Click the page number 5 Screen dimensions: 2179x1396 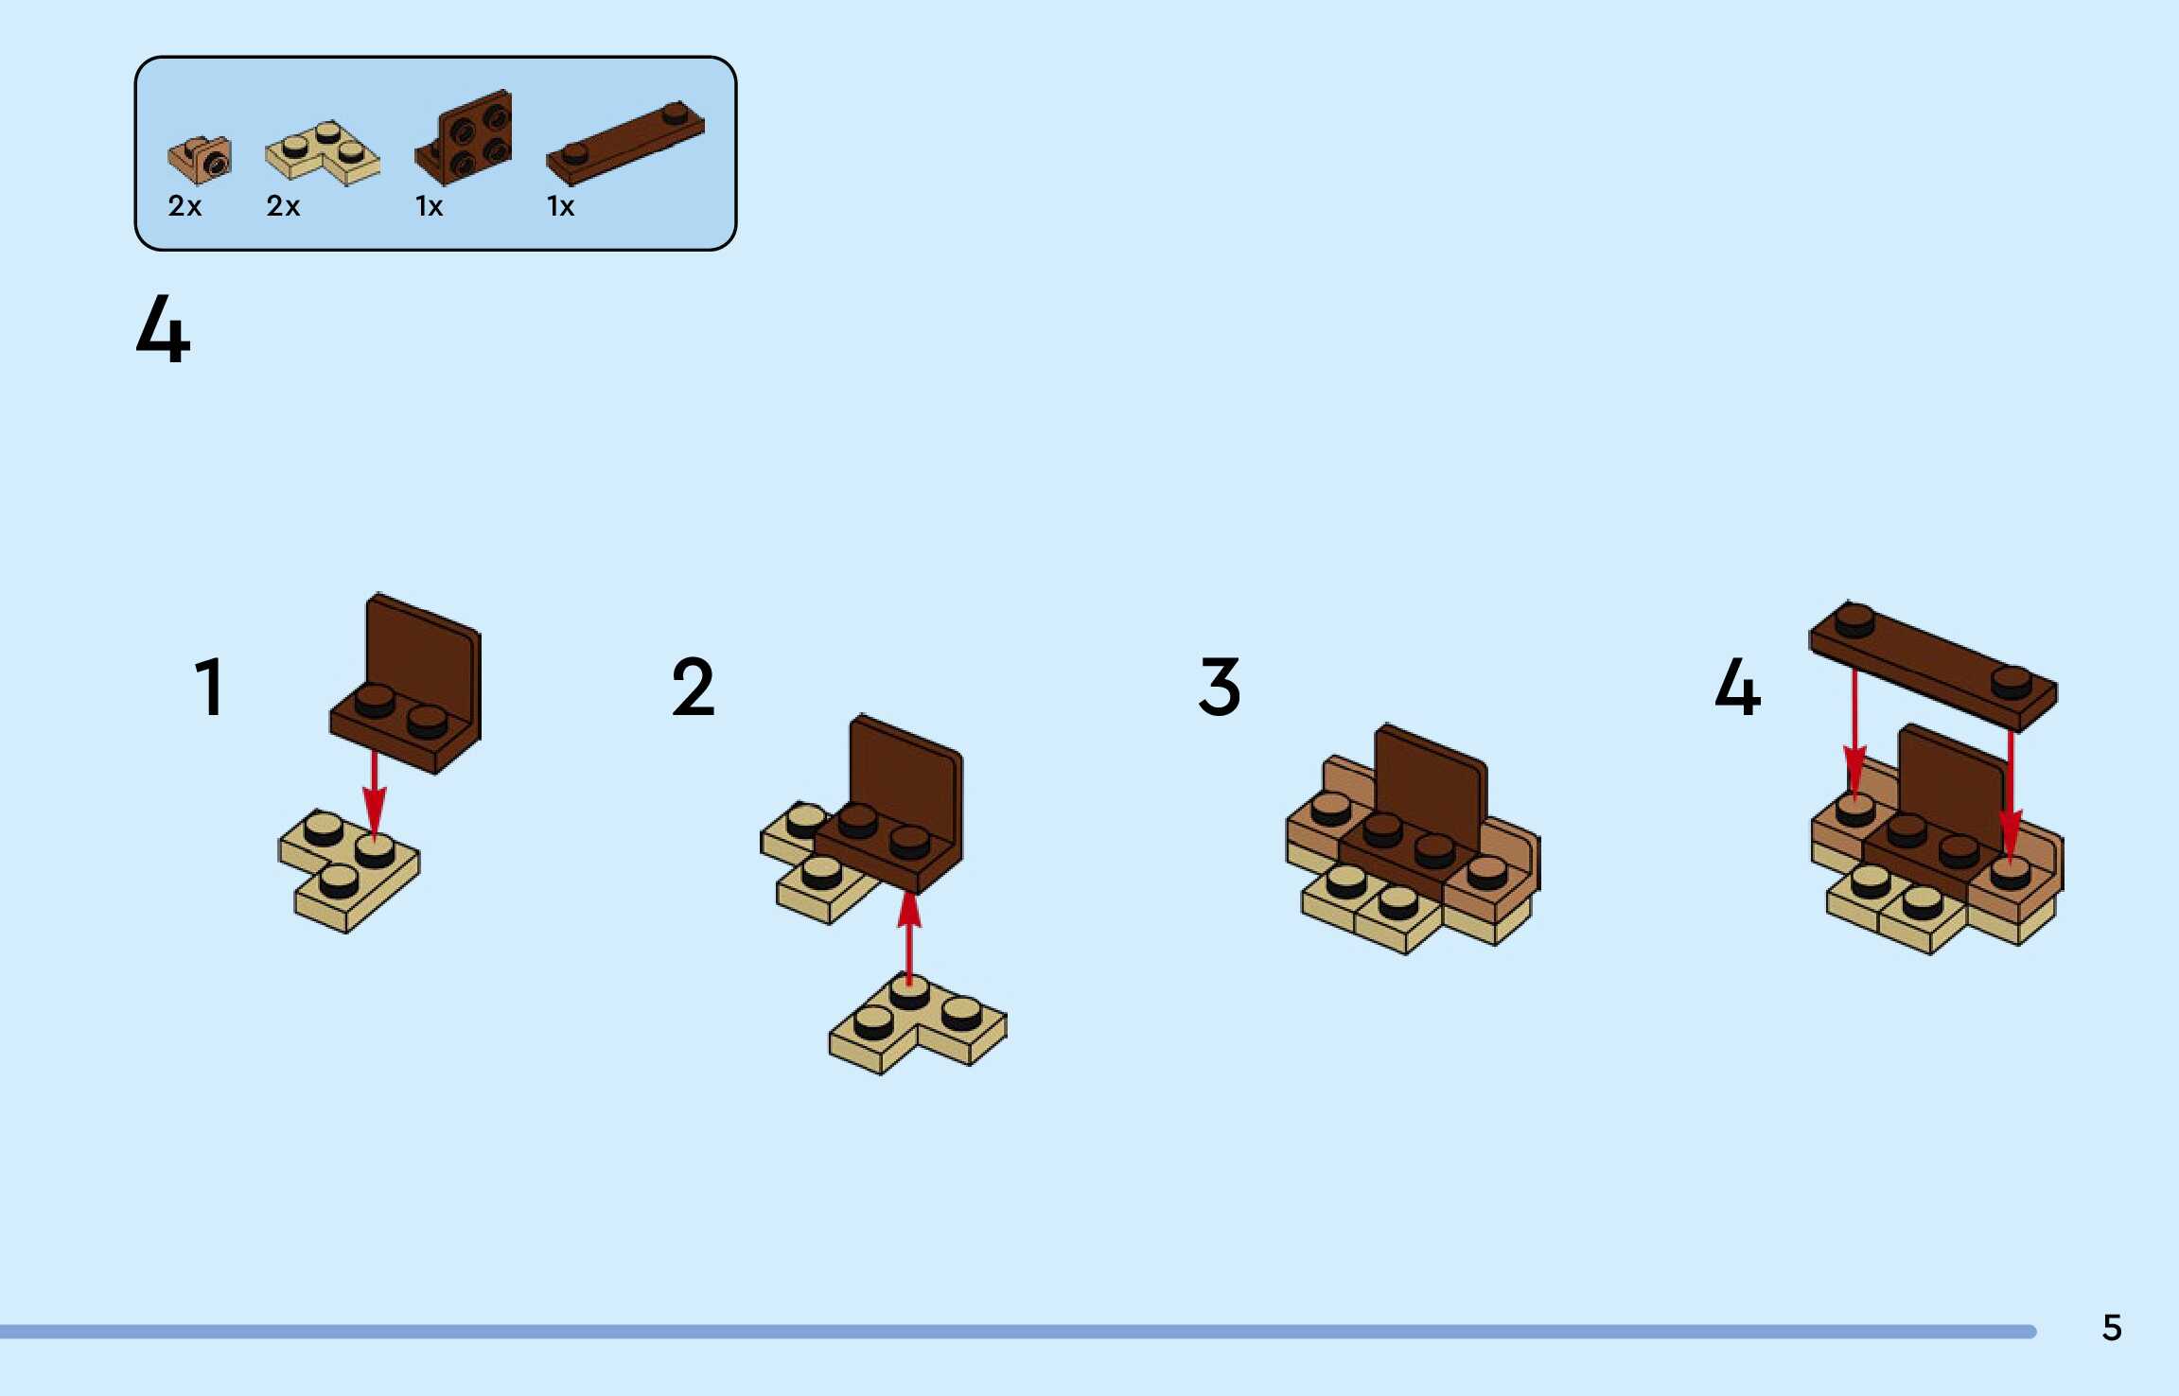[2112, 1328]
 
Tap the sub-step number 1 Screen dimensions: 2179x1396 [209, 688]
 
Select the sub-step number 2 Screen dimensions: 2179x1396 [693, 688]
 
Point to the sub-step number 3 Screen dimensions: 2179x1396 [1219, 688]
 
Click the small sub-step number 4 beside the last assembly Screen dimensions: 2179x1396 [1737, 688]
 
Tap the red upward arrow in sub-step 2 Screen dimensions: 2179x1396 [909, 936]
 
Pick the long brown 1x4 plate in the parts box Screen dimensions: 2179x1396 [624, 144]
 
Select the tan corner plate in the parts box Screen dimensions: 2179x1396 [322, 153]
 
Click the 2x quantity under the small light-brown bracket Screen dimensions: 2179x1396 [185, 206]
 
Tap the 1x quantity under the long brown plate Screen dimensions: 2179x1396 [560, 206]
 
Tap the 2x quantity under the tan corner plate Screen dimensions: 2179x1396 [283, 206]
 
